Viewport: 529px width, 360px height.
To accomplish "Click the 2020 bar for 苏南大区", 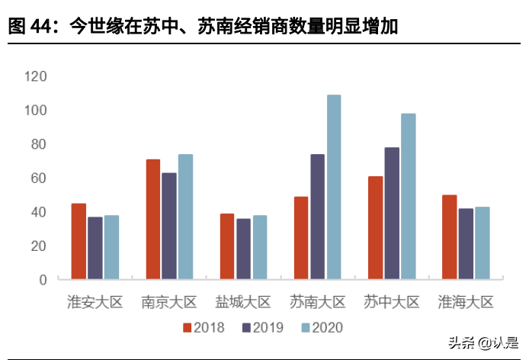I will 334,187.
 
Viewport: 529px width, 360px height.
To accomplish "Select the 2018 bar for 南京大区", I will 153,219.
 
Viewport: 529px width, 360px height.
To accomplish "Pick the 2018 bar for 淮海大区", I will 450,236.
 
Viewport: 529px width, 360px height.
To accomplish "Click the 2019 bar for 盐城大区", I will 243,249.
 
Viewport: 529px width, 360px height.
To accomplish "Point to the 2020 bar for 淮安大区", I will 111,247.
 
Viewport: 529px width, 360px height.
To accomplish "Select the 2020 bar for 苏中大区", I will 409,196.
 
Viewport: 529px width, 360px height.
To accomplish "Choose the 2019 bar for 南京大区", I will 169,226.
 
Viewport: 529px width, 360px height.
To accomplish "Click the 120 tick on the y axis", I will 36,76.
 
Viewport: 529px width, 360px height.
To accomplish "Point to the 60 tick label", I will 39,178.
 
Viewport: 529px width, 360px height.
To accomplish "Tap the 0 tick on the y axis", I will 43,279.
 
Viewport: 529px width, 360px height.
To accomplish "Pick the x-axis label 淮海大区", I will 466,302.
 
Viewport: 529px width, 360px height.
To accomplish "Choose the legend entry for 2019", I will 262,327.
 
